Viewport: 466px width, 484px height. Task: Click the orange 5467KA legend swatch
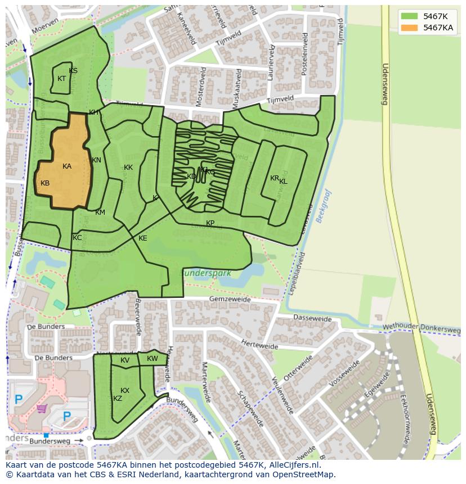tap(409, 28)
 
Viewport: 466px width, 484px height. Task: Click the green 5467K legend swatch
tap(409, 16)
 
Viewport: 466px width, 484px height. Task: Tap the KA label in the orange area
tap(67, 166)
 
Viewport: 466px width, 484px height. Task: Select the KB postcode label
tap(45, 183)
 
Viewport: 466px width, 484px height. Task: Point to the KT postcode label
tap(62, 79)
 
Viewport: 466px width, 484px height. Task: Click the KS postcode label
tap(73, 71)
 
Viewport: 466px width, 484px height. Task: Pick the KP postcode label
tap(210, 223)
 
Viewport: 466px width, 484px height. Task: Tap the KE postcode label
tap(143, 238)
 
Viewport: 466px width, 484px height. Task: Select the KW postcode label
tap(153, 359)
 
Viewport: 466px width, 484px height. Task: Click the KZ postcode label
tap(118, 399)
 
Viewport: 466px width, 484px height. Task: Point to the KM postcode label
tap(100, 212)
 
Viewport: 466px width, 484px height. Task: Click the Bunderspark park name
tap(206, 273)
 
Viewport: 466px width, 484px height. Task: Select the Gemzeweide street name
tap(228, 300)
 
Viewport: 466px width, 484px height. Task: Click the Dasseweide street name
tap(312, 318)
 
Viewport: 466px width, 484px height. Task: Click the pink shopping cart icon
tap(41, 408)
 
